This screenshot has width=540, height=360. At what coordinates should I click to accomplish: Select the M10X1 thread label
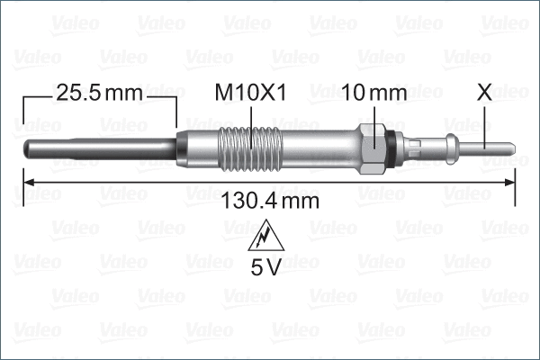tap(249, 92)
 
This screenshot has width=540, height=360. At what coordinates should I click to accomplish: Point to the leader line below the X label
tap(487, 121)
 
